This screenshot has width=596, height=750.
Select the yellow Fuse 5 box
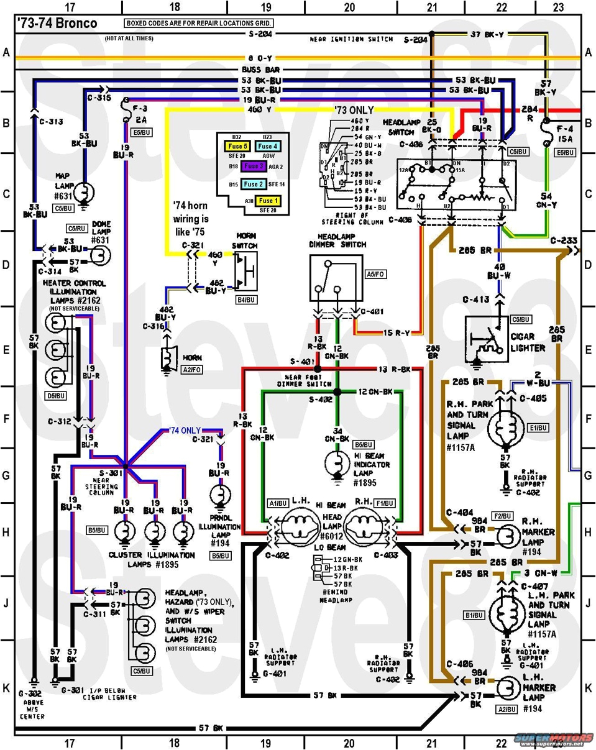(237, 147)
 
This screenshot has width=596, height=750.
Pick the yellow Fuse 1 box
(269, 201)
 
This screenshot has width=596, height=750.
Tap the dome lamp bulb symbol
(100, 255)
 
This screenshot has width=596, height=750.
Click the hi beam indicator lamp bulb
(337, 462)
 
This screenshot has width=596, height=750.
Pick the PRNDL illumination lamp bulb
(219, 496)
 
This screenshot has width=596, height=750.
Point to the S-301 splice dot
(125, 465)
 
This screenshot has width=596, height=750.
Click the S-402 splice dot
(337, 392)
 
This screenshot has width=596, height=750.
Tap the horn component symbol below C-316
(167, 359)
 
